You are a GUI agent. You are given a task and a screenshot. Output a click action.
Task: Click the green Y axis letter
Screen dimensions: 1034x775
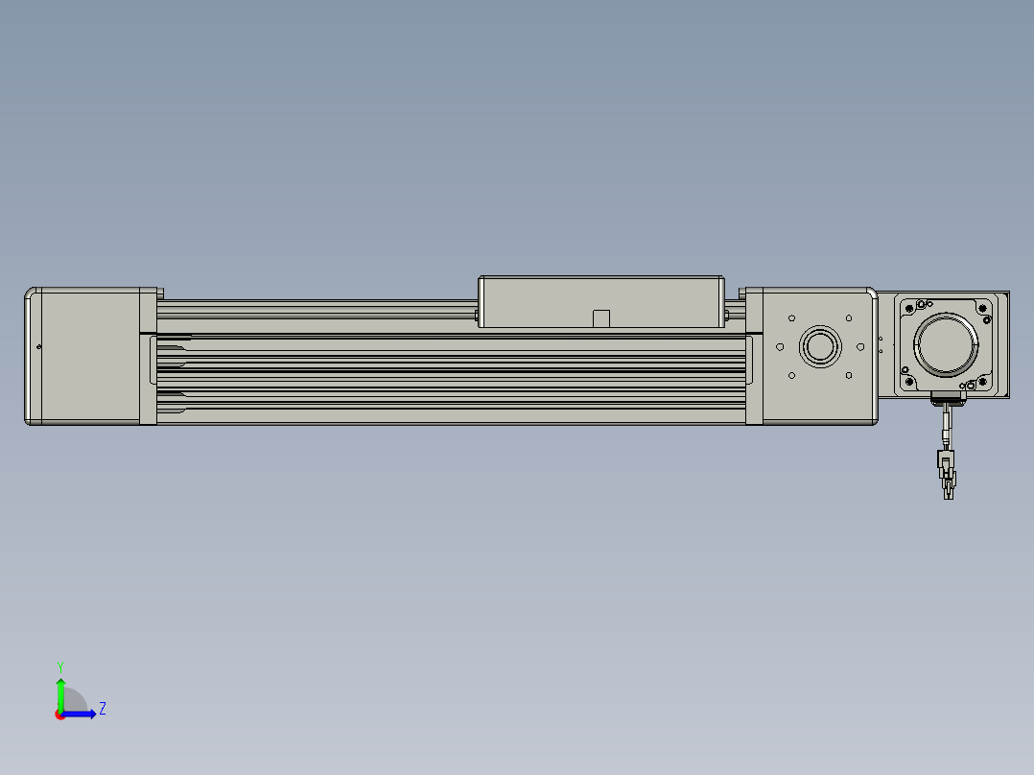[60, 667]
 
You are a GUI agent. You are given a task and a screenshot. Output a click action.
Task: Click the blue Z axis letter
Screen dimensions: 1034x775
[103, 709]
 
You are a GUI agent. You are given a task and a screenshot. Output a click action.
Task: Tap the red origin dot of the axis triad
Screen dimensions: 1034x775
[60, 715]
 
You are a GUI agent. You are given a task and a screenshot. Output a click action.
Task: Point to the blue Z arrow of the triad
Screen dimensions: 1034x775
[79, 715]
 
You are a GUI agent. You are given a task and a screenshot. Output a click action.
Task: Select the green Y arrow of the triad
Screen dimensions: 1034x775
[60, 694]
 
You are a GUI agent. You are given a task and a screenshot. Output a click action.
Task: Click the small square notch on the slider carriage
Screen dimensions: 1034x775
[600, 318]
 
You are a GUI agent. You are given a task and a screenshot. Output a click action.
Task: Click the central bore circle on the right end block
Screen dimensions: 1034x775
[820, 346]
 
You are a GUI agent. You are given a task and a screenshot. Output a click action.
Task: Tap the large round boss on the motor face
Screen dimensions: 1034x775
[947, 344]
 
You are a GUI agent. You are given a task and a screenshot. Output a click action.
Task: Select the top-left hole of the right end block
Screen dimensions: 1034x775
[792, 317]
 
